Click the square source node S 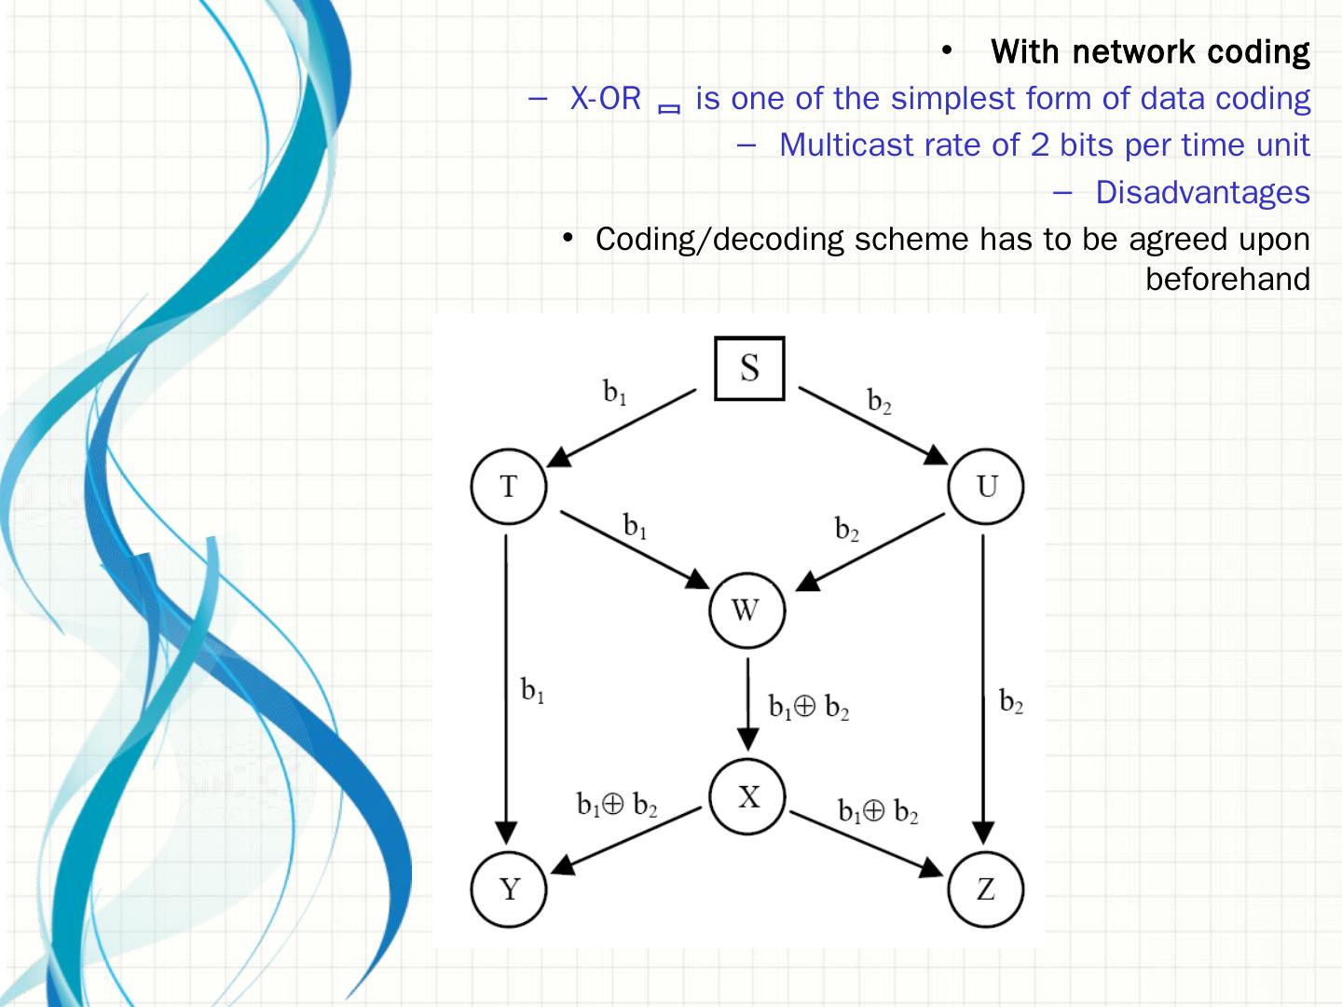click(x=749, y=368)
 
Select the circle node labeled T click(x=508, y=487)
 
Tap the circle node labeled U click(x=986, y=487)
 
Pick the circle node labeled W click(x=746, y=611)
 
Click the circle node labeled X click(x=747, y=797)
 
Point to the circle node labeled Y click(x=509, y=890)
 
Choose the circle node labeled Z click(x=985, y=890)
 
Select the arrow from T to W click(x=634, y=549)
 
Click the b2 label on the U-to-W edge click(x=846, y=530)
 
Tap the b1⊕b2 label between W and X click(x=808, y=708)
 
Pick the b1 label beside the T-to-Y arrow click(x=533, y=691)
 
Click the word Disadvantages click(x=1202, y=192)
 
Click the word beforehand click(x=1227, y=279)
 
